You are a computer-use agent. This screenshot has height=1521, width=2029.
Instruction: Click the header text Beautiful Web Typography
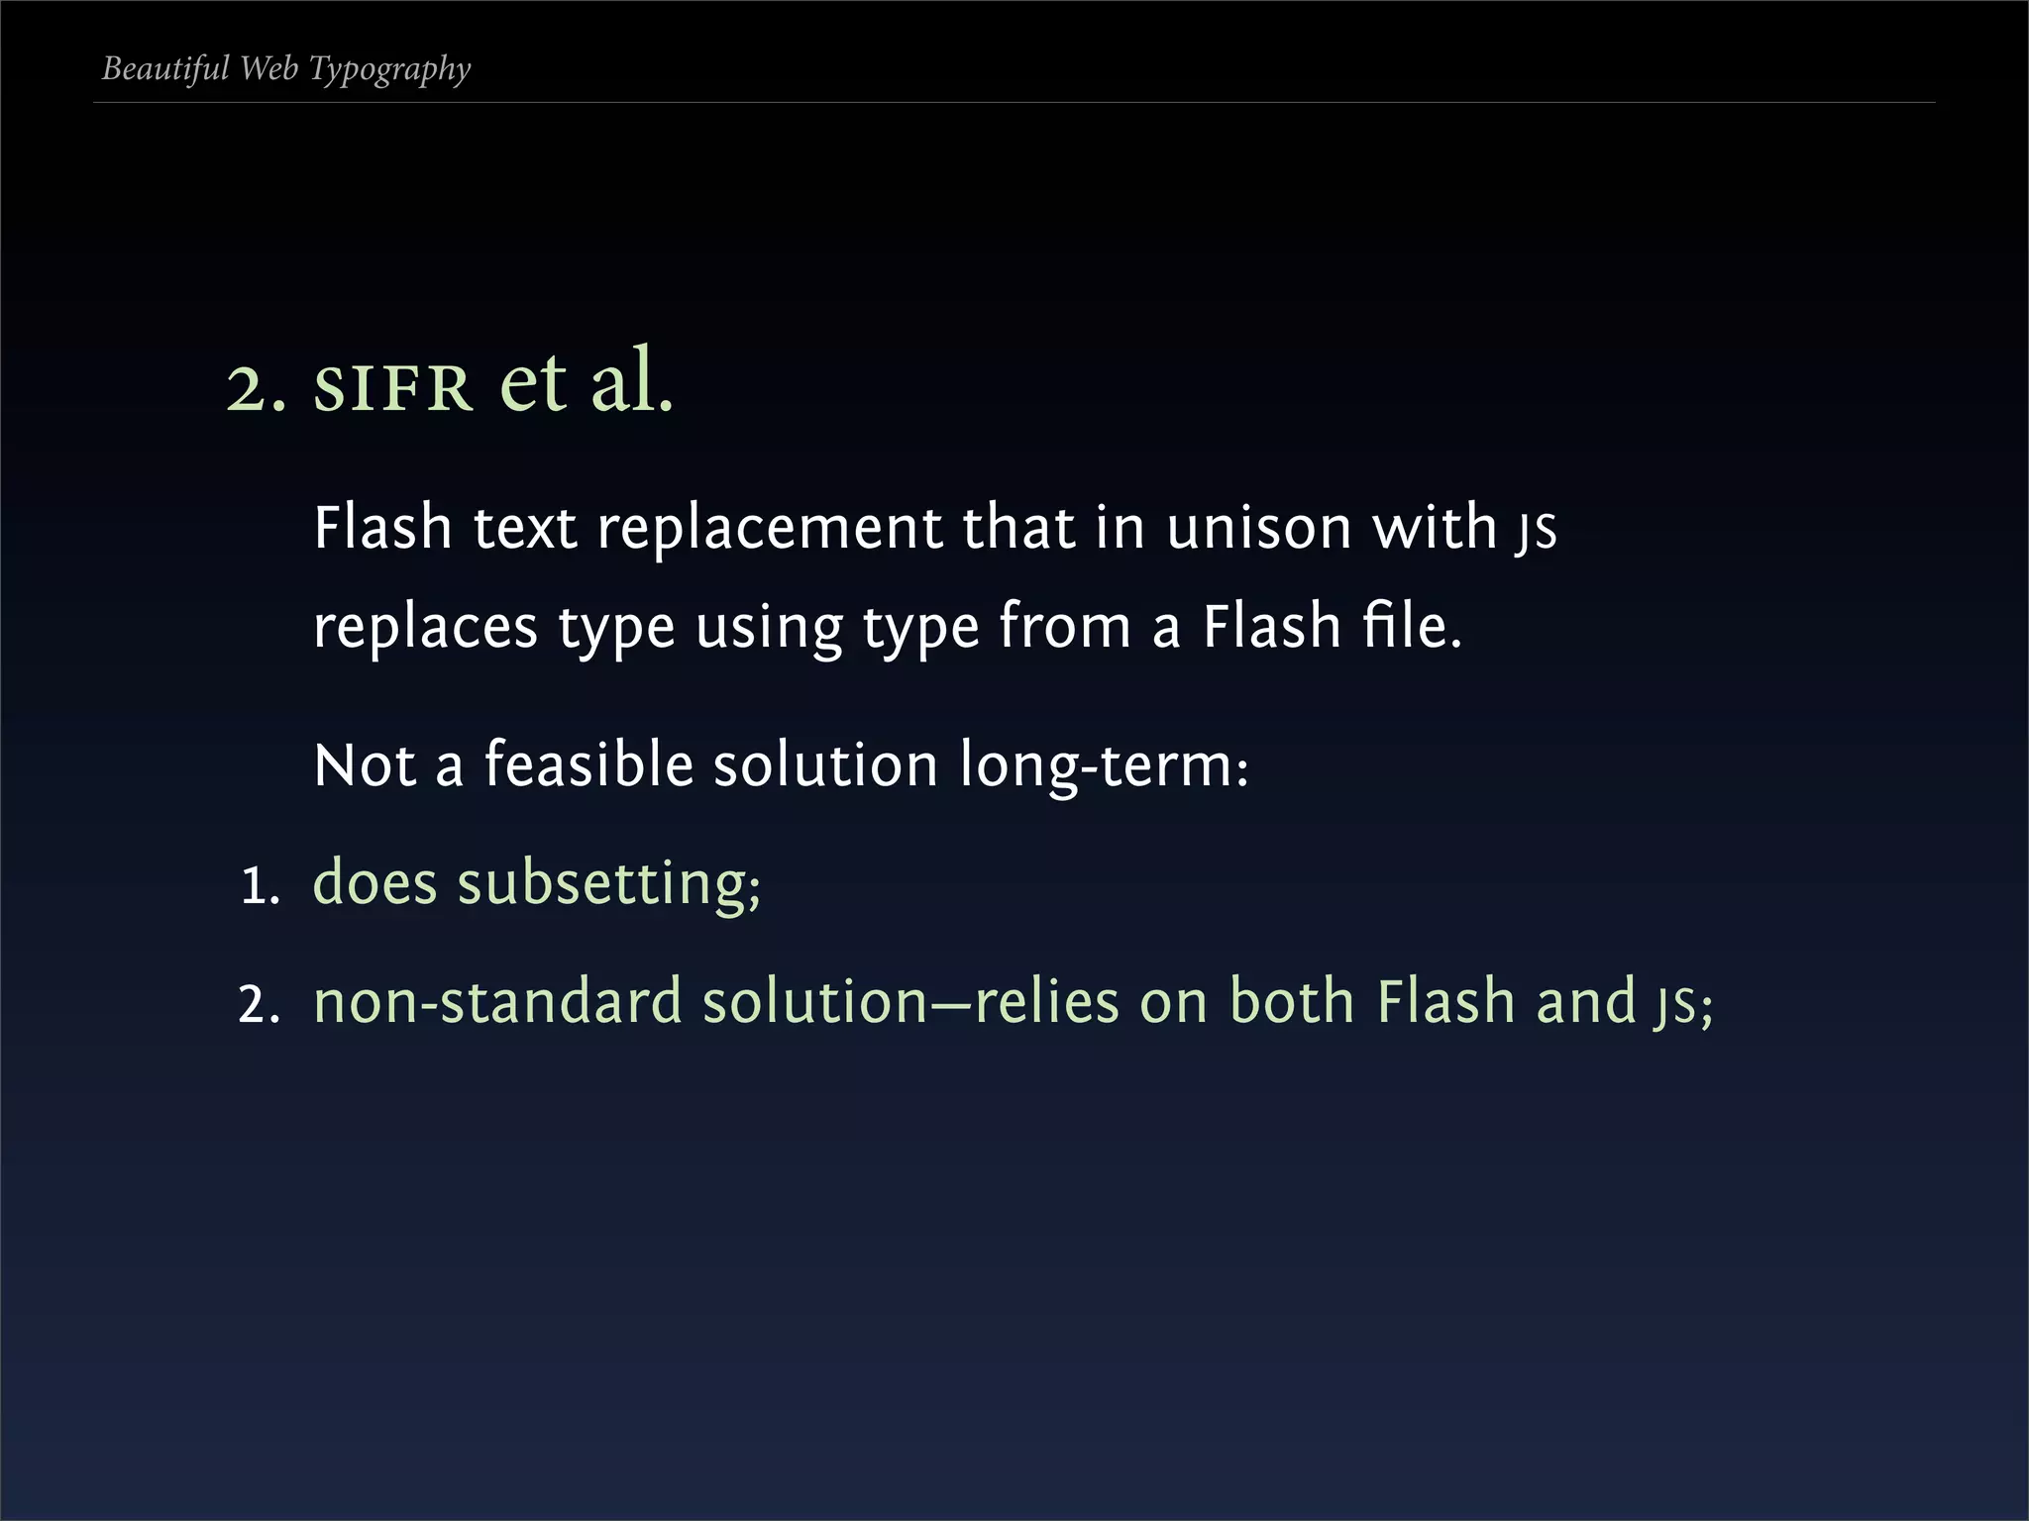286,69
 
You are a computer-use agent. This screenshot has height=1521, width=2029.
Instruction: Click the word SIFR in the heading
392,388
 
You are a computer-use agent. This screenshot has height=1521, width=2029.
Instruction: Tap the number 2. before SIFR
256,388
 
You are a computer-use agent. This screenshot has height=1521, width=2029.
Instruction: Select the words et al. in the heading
587,382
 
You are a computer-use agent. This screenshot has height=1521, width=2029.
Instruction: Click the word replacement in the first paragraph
769,528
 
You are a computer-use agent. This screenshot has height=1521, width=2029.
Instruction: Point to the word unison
1258,528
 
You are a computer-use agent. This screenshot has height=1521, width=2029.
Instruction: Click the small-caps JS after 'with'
1536,531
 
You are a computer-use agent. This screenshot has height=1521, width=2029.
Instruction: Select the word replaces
425,628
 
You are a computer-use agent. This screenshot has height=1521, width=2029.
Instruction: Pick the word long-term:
1104,766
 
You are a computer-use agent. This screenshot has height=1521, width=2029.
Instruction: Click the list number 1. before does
261,885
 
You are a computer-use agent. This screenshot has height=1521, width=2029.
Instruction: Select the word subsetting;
608,883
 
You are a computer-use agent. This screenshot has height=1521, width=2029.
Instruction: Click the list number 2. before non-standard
260,1004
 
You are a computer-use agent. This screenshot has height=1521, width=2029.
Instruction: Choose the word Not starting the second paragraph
364,765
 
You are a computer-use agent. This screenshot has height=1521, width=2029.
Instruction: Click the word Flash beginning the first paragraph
382,527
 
